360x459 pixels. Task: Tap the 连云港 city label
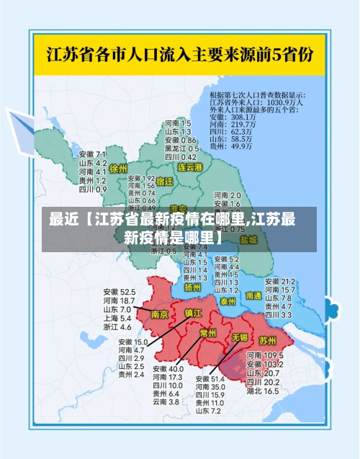(191, 166)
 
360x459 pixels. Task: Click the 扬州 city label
(192, 287)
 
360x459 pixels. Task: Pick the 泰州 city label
(229, 300)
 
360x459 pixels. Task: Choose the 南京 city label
(159, 314)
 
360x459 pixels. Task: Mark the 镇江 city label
(193, 313)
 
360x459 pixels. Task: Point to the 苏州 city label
(268, 339)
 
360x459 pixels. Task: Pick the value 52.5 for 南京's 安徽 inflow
(127, 292)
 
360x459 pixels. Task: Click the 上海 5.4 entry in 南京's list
(117, 318)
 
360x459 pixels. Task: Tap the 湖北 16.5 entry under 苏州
(262, 391)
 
